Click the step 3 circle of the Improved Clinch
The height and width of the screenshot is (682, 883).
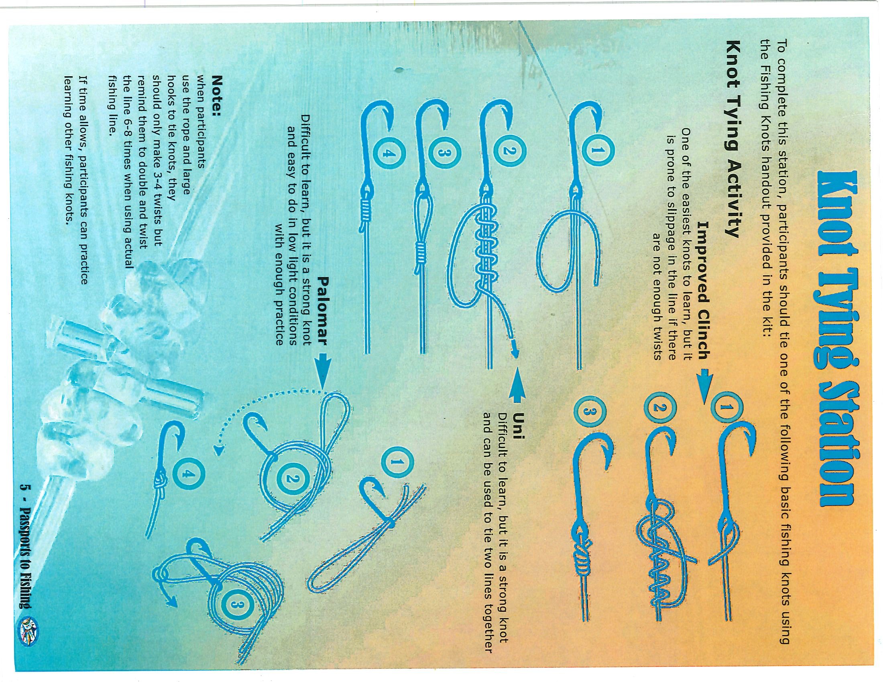click(x=588, y=420)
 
